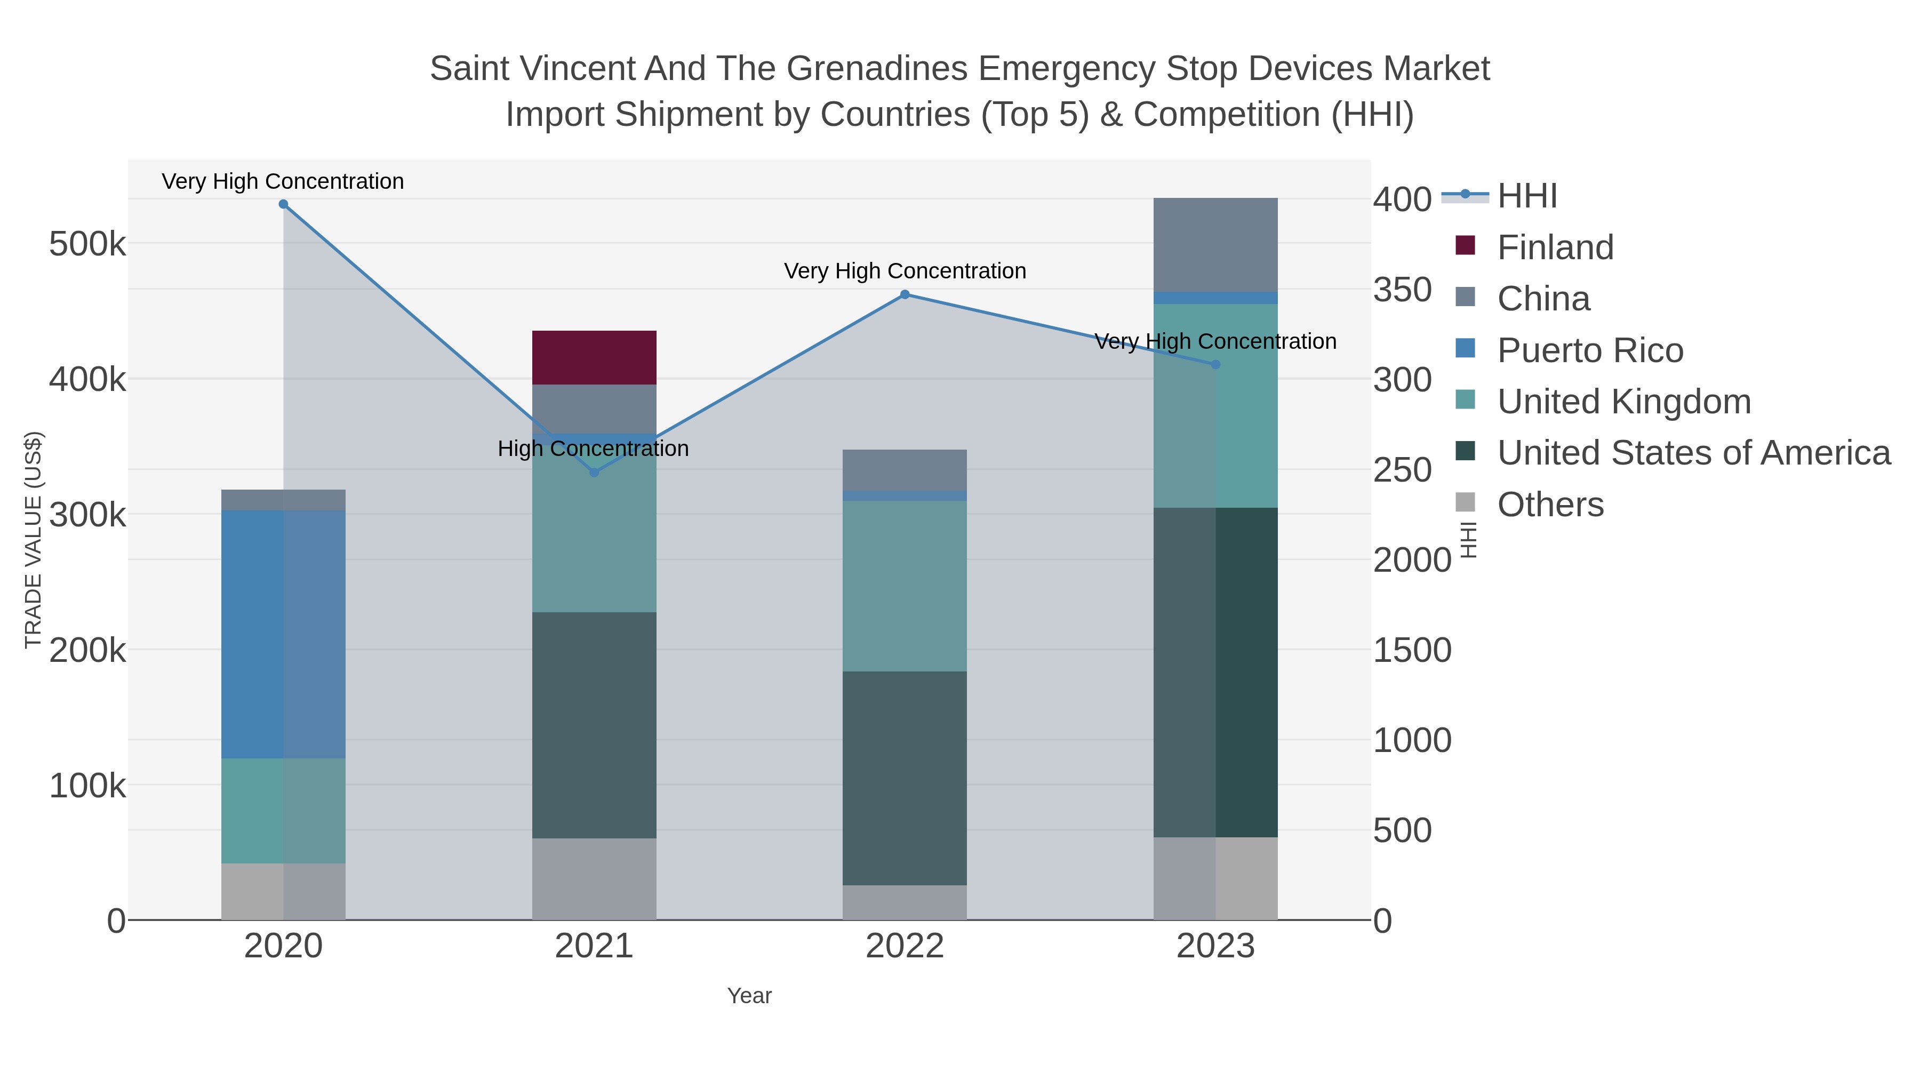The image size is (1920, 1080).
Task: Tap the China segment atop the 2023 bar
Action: pyautogui.click(x=1215, y=244)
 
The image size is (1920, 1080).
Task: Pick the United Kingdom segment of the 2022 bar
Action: pyautogui.click(x=904, y=586)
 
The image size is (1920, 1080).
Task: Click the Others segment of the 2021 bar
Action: pyautogui.click(x=594, y=879)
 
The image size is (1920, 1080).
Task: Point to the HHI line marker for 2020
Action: pyautogui.click(x=283, y=204)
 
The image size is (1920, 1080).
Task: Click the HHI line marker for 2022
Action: pyautogui.click(x=905, y=294)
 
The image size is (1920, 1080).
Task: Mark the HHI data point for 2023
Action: pyautogui.click(x=1215, y=364)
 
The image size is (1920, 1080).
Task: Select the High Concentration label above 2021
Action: pyautogui.click(x=593, y=449)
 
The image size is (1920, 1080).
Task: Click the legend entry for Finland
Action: pyautogui.click(x=1555, y=247)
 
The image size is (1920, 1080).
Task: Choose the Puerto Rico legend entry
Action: pyautogui.click(x=1590, y=350)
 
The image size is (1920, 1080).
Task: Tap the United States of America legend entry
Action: pyautogui.click(x=1693, y=453)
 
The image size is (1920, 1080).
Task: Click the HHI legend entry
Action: pyautogui.click(x=1526, y=196)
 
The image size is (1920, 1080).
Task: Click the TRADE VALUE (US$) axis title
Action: pyautogui.click(x=34, y=540)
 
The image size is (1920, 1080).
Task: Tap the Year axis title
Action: pyautogui.click(x=749, y=996)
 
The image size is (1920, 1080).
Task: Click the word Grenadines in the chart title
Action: pyautogui.click(x=876, y=69)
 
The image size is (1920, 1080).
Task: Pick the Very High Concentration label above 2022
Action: pyautogui.click(x=905, y=271)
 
